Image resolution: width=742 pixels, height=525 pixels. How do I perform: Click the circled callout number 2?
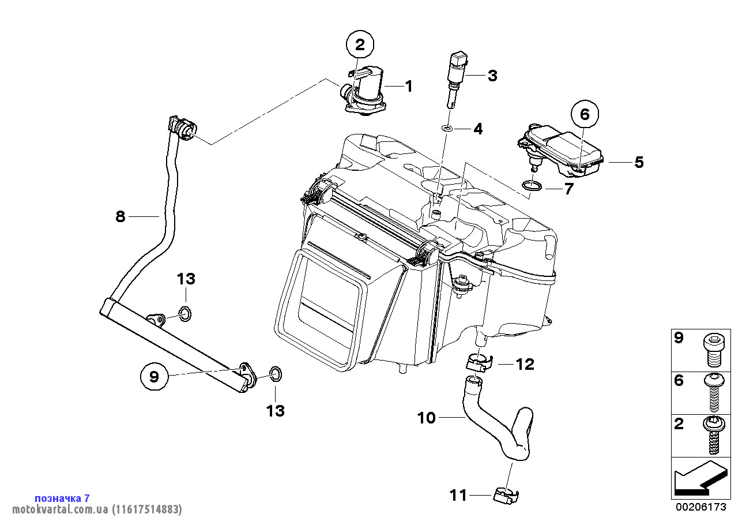click(360, 44)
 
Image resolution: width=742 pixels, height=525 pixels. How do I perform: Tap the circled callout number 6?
click(585, 114)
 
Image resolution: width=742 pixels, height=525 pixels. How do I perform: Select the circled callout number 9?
click(154, 377)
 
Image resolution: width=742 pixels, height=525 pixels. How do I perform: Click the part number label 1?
click(408, 87)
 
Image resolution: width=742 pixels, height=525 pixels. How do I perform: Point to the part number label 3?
click(492, 76)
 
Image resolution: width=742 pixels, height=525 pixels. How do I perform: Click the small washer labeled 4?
click(447, 127)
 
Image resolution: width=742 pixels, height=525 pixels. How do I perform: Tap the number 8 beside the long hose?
click(120, 217)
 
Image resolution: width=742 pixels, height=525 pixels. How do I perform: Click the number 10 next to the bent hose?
click(427, 418)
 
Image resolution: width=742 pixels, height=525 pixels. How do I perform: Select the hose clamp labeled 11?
click(506, 494)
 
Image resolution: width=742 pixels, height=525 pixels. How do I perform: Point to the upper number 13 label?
click(186, 279)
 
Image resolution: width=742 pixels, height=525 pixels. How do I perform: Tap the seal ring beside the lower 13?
click(276, 374)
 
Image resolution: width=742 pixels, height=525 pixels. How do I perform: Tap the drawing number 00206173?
click(700, 507)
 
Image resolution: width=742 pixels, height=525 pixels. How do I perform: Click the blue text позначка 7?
click(62, 498)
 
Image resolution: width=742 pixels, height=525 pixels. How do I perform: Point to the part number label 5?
click(639, 162)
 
